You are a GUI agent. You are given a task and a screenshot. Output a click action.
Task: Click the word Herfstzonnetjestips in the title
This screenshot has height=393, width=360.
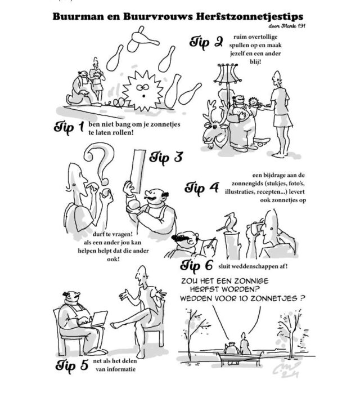pyautogui.click(x=249, y=16)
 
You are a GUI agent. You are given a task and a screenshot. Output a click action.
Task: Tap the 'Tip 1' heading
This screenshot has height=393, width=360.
pyautogui.click(x=69, y=128)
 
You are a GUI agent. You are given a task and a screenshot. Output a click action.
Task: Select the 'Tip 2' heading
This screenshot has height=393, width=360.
pyautogui.click(x=206, y=42)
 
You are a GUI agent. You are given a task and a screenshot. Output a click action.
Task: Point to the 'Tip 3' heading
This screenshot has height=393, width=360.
pyautogui.click(x=166, y=158)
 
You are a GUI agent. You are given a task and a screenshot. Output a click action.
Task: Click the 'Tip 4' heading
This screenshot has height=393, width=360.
pyautogui.click(x=202, y=189)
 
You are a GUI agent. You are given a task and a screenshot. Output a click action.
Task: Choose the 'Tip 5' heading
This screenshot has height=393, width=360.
pyautogui.click(x=72, y=365)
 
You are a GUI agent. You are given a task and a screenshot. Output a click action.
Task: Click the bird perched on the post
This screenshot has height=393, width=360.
pyautogui.click(x=227, y=223)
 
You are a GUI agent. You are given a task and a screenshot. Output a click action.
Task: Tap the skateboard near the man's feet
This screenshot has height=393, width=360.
pyautogui.click(x=262, y=141)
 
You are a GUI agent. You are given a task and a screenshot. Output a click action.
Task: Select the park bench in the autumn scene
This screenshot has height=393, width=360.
pyautogui.click(x=240, y=359)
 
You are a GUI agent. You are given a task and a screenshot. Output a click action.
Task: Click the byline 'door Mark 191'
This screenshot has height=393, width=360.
pyautogui.click(x=287, y=26)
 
